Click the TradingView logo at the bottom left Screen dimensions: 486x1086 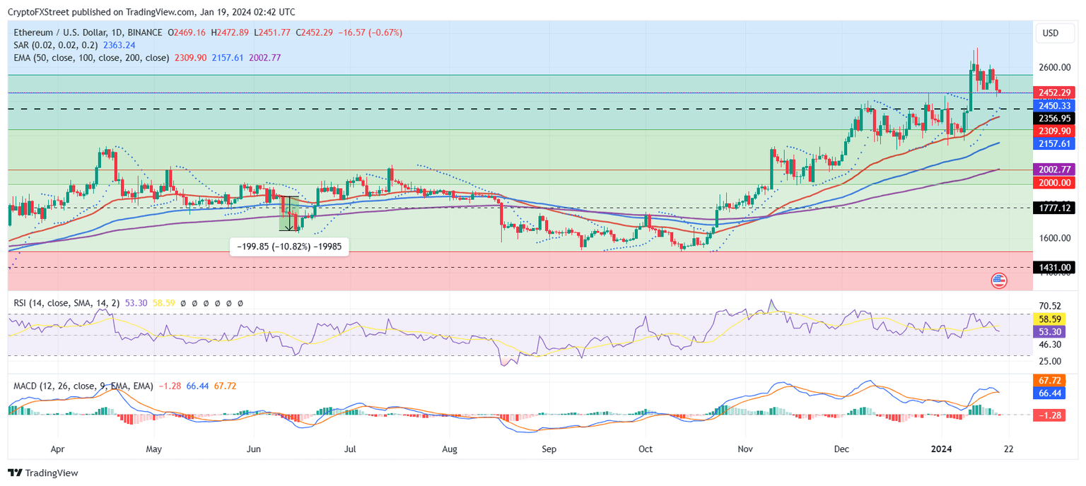(x=43, y=473)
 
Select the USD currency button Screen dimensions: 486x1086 (x=1051, y=33)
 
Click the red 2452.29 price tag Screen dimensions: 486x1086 (x=1053, y=93)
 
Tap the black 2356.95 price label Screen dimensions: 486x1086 (x=1053, y=118)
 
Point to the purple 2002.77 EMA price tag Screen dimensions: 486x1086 (x=1053, y=170)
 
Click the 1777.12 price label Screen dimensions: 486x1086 (x=1053, y=208)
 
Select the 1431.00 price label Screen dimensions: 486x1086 (x=1053, y=267)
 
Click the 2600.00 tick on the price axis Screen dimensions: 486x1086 (x=1054, y=68)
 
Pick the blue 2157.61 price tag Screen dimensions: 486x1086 (x=1053, y=143)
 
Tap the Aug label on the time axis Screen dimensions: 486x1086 (x=449, y=449)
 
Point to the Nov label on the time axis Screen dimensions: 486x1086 (x=745, y=449)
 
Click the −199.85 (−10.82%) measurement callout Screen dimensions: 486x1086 (x=290, y=247)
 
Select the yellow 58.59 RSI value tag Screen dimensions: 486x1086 (x=1050, y=319)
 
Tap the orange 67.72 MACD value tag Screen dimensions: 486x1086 (x=1050, y=379)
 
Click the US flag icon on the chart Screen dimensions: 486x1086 (x=999, y=280)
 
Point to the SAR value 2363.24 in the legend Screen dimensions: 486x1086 (x=119, y=45)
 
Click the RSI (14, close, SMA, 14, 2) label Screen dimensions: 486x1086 (x=66, y=302)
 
